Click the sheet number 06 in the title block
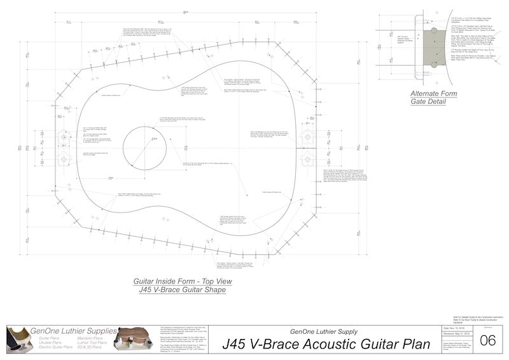click(x=488, y=341)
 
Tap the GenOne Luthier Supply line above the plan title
click(x=323, y=331)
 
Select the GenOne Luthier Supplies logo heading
click(x=66, y=331)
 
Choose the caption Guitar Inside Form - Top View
click(x=182, y=281)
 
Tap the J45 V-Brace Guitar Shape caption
click(x=182, y=289)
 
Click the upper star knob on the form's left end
click(x=64, y=136)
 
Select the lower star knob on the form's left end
click(x=64, y=158)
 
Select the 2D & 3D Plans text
click(x=93, y=347)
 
